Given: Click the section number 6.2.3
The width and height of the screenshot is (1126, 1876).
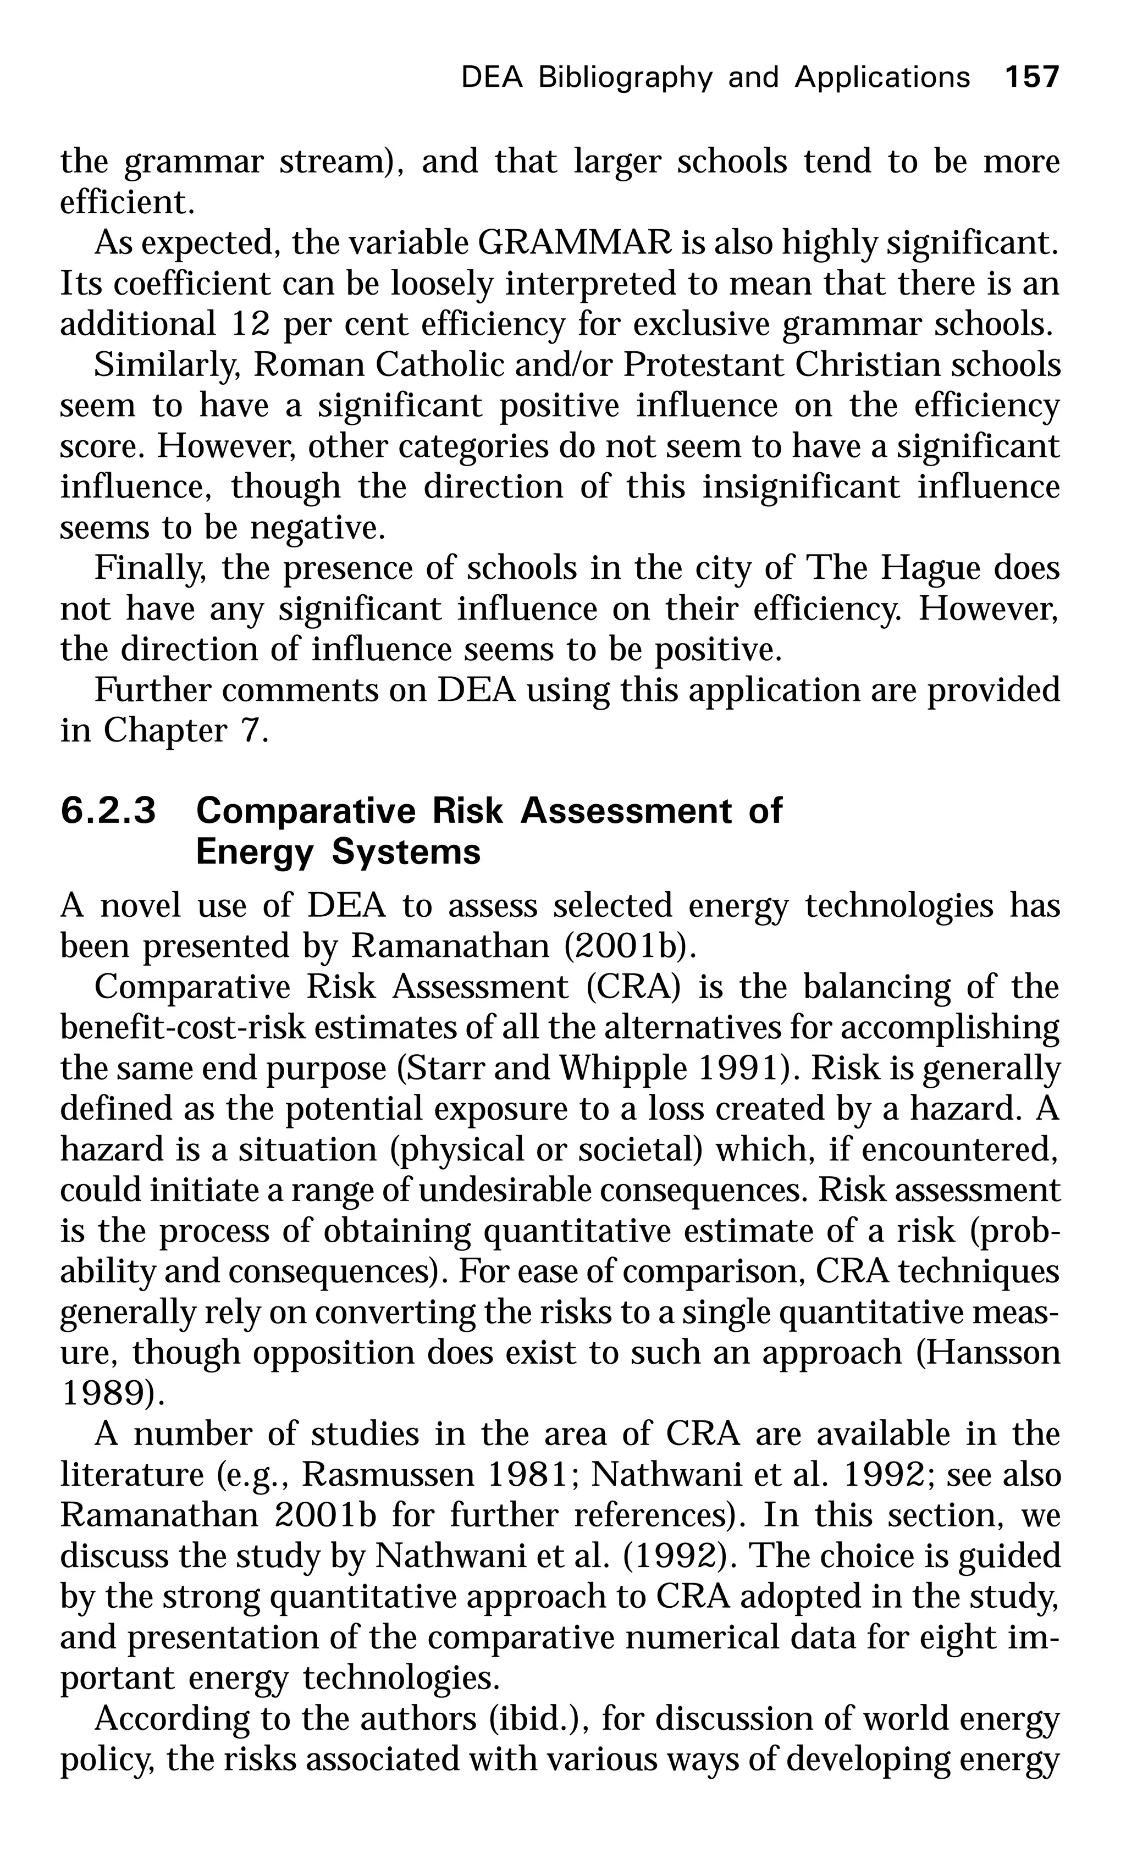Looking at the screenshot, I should (108, 811).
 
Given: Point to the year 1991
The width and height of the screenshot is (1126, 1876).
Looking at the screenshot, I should (731, 1069).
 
